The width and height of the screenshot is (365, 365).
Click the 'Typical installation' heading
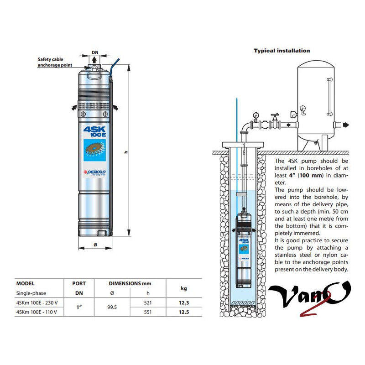pyautogui.click(x=282, y=51)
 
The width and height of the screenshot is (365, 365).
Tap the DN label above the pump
pyautogui.click(x=95, y=52)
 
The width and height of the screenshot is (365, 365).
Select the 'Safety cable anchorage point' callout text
pyautogui.click(x=55, y=62)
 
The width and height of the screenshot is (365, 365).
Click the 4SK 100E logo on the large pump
pyautogui.click(x=95, y=131)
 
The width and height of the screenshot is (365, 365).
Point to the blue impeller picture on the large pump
pyautogui.click(x=95, y=150)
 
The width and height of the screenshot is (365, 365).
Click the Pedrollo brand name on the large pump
pyautogui.click(x=95, y=172)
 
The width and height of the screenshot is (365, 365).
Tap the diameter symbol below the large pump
pyautogui.click(x=95, y=245)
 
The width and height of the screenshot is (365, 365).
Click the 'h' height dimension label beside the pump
pyautogui.click(x=126, y=152)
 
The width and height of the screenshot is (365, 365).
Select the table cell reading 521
pyautogui.click(x=148, y=303)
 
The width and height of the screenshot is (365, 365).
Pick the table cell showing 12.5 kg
pyautogui.click(x=184, y=312)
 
